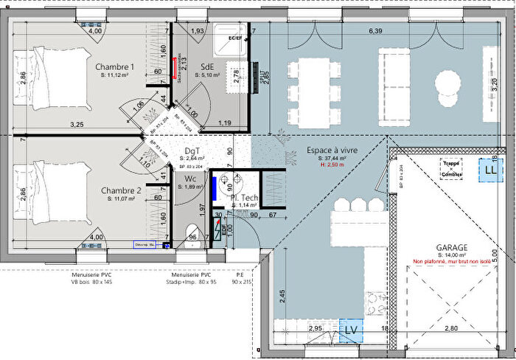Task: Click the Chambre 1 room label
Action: click(115, 67)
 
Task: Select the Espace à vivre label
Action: click(332, 150)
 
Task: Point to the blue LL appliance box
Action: click(489, 169)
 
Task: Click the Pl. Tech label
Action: click(243, 197)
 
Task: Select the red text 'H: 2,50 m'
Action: click(332, 166)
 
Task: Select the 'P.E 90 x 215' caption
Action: click(242, 277)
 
